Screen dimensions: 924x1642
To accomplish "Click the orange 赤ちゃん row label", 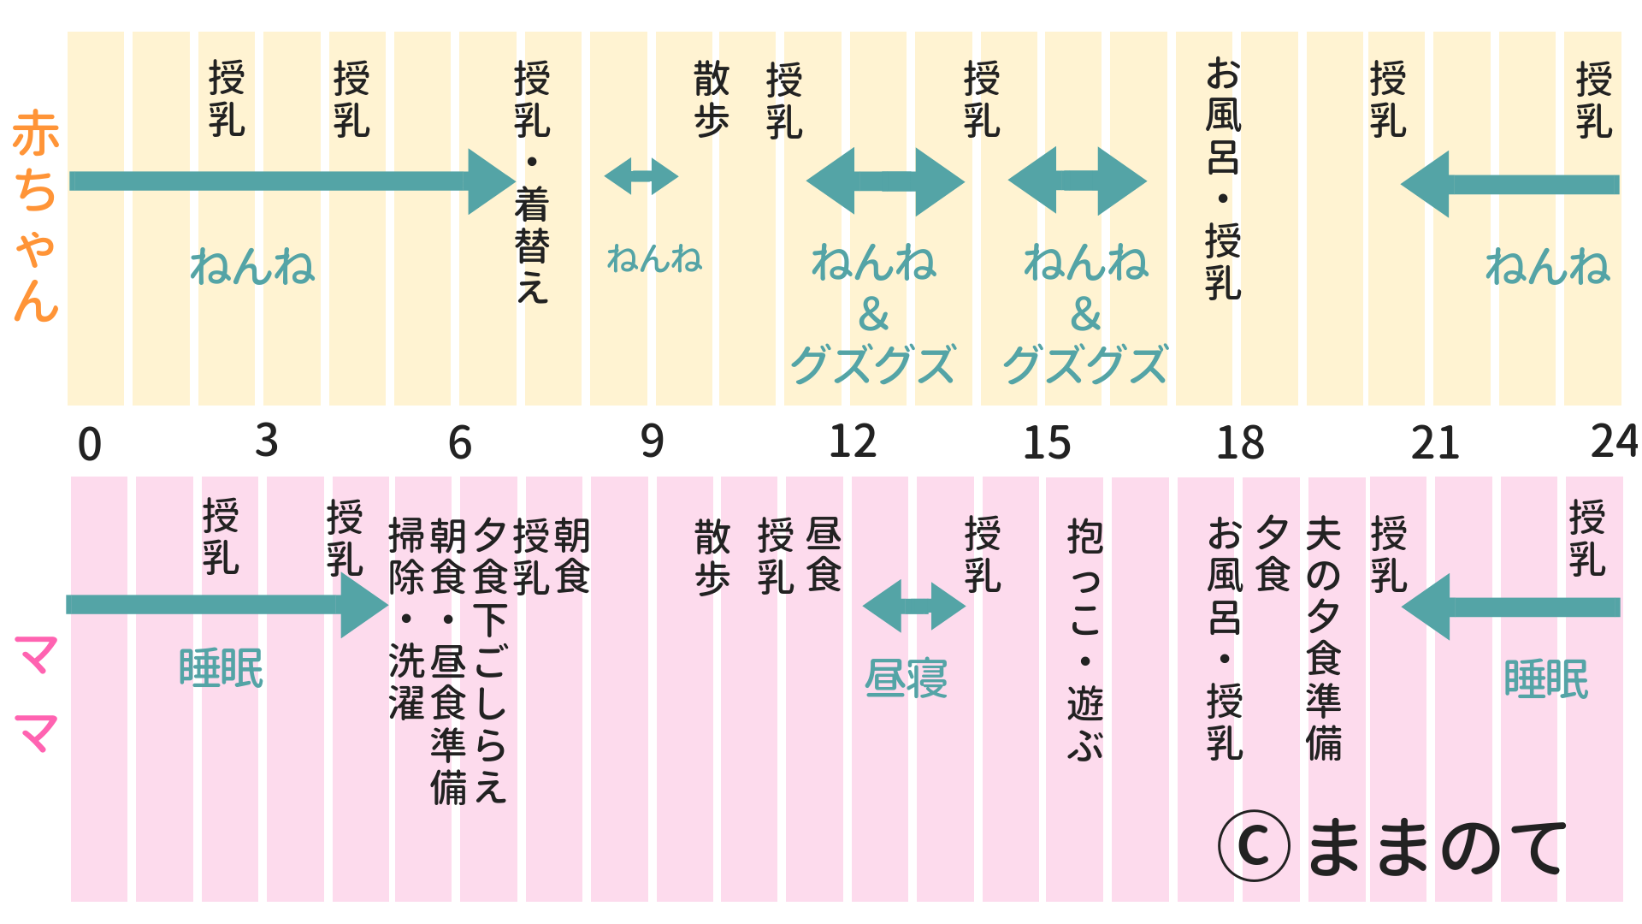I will click(36, 216).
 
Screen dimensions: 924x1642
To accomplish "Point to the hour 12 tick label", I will click(853, 442).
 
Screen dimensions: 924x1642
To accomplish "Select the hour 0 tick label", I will click(89, 445).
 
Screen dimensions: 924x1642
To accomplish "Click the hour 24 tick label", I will click(1614, 442).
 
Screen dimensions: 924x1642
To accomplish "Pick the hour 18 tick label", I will click(1240, 443).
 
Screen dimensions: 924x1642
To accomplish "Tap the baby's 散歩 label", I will click(712, 99).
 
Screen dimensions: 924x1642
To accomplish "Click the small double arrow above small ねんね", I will click(641, 176).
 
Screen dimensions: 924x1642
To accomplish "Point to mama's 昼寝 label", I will click(906, 679).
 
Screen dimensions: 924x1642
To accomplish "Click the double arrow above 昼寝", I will click(913, 607).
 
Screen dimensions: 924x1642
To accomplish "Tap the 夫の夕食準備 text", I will click(1323, 638).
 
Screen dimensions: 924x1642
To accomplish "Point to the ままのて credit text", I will click(1437, 847).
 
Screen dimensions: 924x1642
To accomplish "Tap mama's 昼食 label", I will click(824, 554).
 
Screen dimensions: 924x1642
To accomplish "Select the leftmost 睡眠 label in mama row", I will click(221, 668).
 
